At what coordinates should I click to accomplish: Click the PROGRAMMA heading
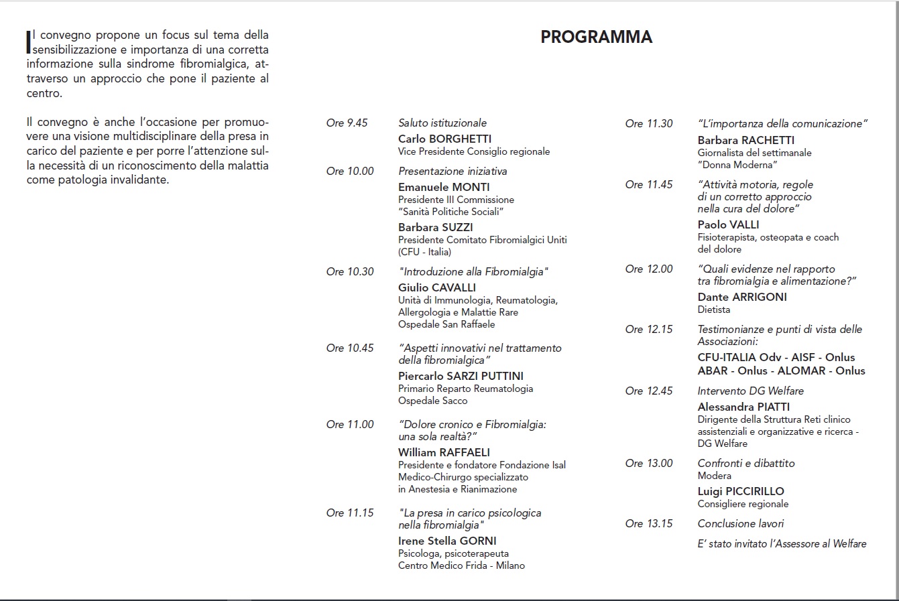point(596,37)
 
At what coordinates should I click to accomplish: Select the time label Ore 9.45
point(347,123)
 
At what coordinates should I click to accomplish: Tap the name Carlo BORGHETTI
point(444,139)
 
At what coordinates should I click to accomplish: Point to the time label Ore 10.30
point(350,272)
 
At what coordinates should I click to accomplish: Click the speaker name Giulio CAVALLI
point(436,288)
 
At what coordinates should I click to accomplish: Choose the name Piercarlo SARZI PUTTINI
point(461,377)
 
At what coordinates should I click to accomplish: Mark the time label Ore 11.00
point(350,425)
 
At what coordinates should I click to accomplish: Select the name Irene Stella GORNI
point(447,541)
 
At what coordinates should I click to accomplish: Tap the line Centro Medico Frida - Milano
point(461,566)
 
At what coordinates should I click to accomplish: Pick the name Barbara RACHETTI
point(745,141)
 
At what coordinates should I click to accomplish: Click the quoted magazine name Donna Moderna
point(737,165)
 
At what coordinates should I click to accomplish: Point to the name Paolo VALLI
point(728,225)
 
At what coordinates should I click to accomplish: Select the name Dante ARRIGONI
point(742,297)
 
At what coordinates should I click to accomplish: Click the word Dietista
point(714,310)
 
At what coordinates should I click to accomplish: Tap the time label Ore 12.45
point(649,391)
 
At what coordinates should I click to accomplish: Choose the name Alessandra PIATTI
point(743,407)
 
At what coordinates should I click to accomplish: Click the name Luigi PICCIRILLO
point(741,492)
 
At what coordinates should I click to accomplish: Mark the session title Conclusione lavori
point(740,524)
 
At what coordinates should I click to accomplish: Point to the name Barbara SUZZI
point(435,228)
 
